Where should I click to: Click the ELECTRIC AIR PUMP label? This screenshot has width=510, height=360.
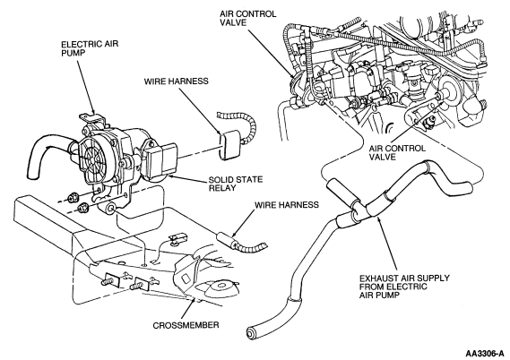90,48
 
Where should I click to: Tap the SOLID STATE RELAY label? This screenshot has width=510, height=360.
236,184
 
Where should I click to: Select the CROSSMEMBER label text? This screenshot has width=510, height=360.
186,325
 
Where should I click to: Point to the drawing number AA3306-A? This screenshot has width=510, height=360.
486,353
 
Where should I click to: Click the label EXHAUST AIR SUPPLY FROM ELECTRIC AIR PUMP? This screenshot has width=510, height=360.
404,287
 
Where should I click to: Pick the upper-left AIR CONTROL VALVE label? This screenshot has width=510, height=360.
248,18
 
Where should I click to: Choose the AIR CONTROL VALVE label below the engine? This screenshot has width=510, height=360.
397,153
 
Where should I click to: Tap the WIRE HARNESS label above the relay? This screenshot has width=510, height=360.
176,81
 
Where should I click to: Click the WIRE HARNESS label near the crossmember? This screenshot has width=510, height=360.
287,205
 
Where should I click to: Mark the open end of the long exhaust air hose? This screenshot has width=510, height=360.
251,334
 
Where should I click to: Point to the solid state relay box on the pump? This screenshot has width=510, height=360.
161,160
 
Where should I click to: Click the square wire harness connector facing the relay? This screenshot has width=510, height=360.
231,145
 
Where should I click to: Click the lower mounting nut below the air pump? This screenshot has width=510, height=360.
82,207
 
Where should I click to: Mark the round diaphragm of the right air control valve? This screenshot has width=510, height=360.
446,90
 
